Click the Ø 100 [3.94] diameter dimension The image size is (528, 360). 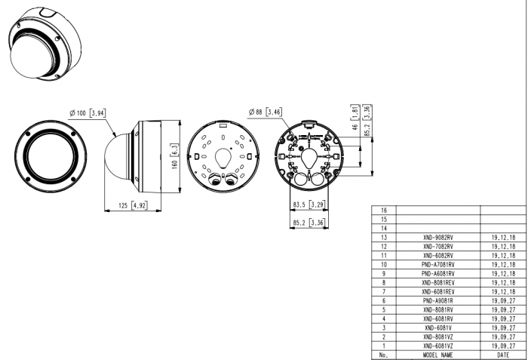click(x=87, y=113)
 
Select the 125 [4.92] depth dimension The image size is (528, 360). click(x=133, y=205)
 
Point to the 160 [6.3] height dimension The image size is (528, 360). click(x=174, y=156)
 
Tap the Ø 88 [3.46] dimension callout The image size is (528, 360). click(x=266, y=112)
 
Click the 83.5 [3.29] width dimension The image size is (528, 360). click(x=309, y=205)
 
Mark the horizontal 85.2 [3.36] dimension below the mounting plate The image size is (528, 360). click(x=309, y=223)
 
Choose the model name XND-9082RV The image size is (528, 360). click(x=438, y=237)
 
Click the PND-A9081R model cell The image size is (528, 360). click(x=438, y=300)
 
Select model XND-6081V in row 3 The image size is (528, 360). click(x=438, y=328)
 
